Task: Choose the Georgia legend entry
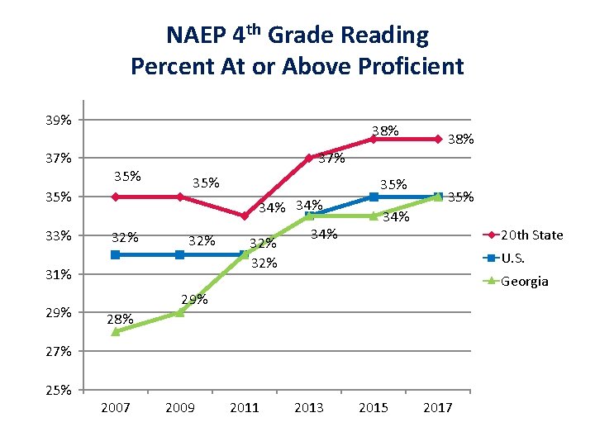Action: coord(525,281)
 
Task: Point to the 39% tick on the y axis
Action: coord(58,120)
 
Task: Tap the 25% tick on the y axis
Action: coord(58,390)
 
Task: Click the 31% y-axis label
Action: coord(58,274)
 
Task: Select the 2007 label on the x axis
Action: coord(115,407)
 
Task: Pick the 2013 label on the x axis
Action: coord(308,407)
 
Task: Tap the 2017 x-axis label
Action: coord(437,407)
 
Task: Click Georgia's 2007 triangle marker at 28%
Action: coord(115,331)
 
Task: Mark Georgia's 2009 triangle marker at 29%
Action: coord(179,312)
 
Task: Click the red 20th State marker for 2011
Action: coord(244,216)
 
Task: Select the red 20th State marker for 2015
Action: coord(373,139)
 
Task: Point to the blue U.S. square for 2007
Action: coord(115,254)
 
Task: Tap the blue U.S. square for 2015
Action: coord(373,197)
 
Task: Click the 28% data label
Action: coord(120,319)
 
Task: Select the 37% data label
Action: coord(331,159)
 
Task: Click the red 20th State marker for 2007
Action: coord(115,197)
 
